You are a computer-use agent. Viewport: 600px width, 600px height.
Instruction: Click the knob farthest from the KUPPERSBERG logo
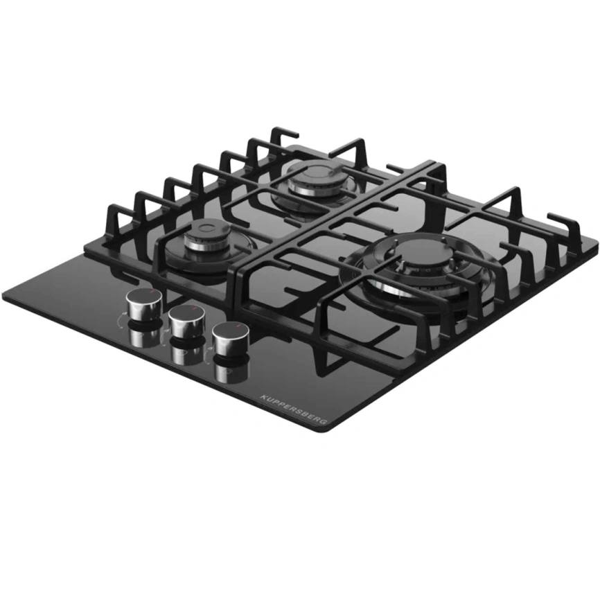tap(145, 303)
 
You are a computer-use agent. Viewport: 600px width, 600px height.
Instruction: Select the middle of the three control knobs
tap(188, 321)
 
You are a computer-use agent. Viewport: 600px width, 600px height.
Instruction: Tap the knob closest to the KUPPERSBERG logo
tap(230, 338)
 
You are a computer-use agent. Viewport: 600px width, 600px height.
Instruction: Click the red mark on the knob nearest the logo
tap(238, 325)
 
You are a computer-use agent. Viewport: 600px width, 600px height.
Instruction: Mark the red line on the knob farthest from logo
tap(152, 291)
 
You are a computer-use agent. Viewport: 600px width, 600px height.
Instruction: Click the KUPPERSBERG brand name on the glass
tap(294, 409)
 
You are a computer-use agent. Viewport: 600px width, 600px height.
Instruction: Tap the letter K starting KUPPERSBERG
tap(263, 396)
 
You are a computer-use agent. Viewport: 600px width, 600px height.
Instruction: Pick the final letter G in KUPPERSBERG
tap(324, 421)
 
